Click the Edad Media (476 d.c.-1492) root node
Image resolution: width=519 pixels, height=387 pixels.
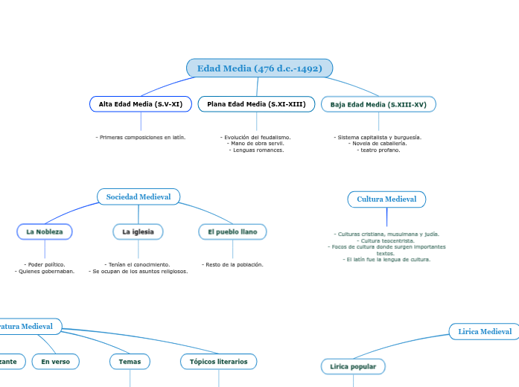259,68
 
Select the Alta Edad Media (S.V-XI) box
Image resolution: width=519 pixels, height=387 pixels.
140,104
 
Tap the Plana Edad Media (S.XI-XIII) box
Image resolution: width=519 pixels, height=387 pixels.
256,104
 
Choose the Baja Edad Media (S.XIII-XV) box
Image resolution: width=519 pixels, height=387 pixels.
378,105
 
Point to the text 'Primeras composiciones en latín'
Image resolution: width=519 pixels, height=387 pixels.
141,138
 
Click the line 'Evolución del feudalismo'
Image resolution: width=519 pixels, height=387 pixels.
256,138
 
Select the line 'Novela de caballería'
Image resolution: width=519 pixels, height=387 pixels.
378,144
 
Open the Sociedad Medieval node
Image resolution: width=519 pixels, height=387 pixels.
138,197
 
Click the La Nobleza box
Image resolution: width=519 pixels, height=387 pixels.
45,232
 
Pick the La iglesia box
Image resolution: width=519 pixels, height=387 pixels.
138,232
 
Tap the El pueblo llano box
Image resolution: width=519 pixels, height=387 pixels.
232,232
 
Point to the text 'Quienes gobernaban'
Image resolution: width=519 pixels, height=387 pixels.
45,272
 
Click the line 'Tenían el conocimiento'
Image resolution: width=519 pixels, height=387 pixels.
138,265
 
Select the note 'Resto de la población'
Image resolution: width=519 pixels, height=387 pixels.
232,265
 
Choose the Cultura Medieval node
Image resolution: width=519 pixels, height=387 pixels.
386,199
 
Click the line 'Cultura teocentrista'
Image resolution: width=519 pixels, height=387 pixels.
387,240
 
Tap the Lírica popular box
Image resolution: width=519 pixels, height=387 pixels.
353,367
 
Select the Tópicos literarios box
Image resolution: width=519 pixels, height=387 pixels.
219,362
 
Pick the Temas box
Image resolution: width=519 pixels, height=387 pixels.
130,362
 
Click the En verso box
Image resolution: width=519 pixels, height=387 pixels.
56,362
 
